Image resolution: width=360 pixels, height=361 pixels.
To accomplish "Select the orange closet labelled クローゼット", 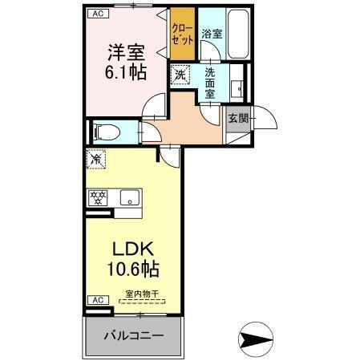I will pos(182,34).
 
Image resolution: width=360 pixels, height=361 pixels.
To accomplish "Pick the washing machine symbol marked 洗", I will pos(180,75).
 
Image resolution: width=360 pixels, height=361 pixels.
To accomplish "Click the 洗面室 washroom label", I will pos(210,82).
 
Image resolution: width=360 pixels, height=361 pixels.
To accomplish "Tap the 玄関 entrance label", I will pos(238,118).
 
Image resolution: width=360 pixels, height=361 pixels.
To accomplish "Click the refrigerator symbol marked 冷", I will pos(97,160).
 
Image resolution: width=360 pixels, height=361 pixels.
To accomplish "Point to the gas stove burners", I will pos(100,196).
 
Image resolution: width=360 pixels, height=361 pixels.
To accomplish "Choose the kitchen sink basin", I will pos(128,197).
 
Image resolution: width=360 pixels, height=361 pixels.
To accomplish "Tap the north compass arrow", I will pos(257,341).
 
